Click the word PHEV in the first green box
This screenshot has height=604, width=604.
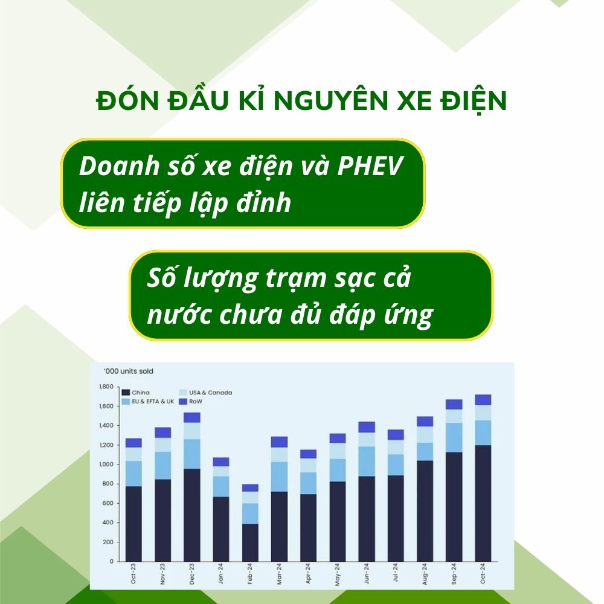click(370, 166)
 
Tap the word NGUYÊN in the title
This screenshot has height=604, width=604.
click(331, 100)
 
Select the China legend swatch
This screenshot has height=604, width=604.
click(126, 393)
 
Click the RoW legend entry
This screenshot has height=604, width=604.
click(191, 402)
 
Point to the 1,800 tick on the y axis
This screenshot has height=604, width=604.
click(106, 387)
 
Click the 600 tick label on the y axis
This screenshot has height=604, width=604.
click(109, 503)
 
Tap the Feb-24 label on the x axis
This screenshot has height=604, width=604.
click(250, 574)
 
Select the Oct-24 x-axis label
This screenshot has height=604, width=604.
click(483, 574)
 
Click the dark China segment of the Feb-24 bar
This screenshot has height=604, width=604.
click(251, 542)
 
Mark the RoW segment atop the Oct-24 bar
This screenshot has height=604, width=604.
click(483, 400)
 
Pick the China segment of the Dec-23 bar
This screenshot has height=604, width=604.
click(192, 515)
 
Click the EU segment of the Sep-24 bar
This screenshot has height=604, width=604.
click(454, 437)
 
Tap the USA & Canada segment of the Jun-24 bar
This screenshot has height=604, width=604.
click(367, 440)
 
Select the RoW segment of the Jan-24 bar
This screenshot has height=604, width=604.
click(221, 462)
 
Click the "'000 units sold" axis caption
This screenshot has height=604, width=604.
click(129, 371)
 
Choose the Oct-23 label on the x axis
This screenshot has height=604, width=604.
click(133, 574)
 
